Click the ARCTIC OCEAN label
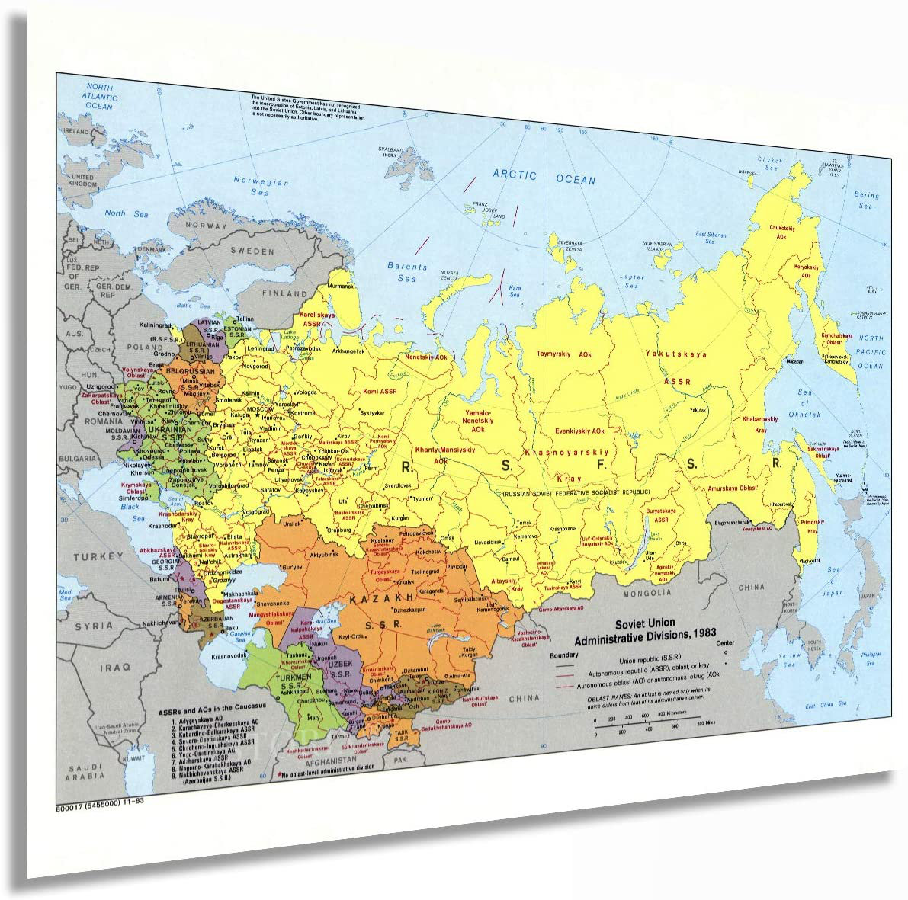[544, 177]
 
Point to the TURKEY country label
[98, 557]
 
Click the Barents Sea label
[407, 273]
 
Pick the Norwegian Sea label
[261, 187]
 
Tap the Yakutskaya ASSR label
[675, 366]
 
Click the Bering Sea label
[866, 200]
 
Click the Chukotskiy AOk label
[781, 232]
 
